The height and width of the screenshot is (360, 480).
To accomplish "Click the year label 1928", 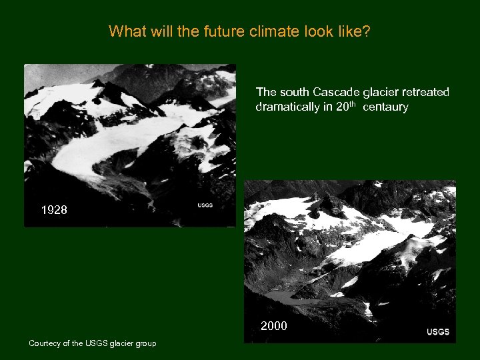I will coord(54,210).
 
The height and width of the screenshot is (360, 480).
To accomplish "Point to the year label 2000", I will coord(274,327).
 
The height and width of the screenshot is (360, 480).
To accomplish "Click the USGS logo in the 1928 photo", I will coord(205,205).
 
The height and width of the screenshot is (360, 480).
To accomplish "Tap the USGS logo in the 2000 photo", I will coord(438,332).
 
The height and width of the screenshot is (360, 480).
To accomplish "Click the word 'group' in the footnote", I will coord(146,343).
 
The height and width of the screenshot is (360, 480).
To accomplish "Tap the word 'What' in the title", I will coord(123,31).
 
